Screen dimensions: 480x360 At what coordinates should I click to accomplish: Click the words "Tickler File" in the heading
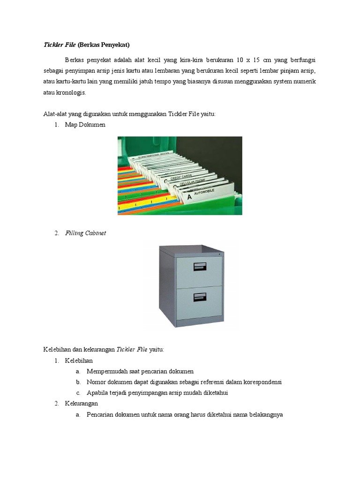60,45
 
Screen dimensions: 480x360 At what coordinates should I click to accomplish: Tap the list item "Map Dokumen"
85,125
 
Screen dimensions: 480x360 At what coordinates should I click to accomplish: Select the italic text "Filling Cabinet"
85,233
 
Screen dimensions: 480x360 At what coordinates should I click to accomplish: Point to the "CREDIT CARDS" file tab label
181,178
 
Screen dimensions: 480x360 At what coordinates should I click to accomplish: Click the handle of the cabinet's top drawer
199,267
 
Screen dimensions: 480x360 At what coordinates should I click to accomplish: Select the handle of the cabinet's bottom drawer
199,296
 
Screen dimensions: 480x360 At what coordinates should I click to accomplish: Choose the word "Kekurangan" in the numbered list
82,404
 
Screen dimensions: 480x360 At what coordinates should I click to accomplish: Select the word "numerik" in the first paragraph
305,82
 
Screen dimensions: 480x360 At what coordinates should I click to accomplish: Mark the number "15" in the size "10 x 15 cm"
256,60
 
